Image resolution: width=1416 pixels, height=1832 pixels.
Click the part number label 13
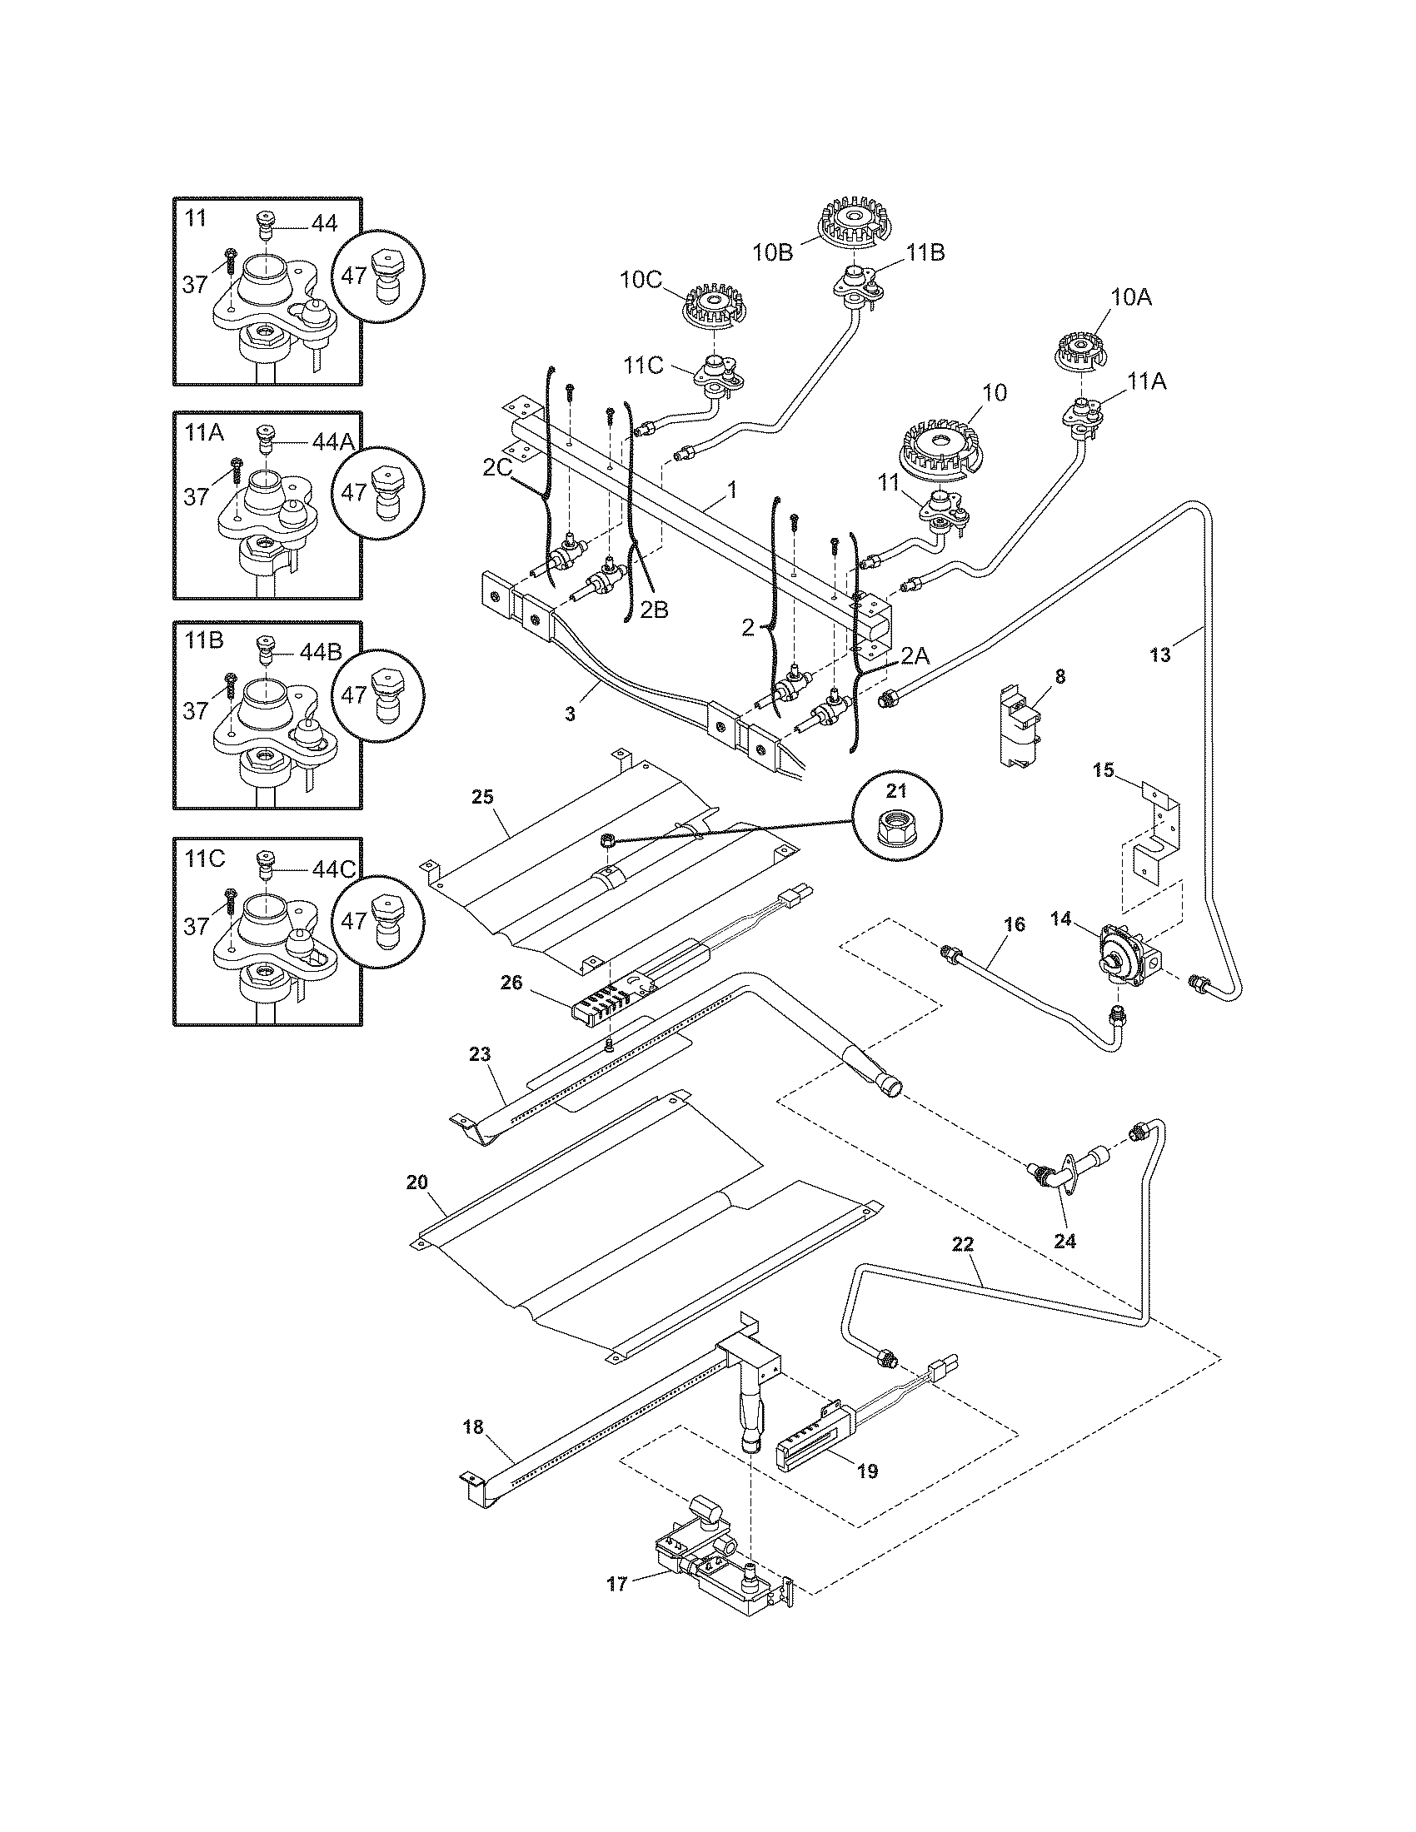coord(1159,655)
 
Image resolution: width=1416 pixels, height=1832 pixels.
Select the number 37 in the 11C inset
coord(196,925)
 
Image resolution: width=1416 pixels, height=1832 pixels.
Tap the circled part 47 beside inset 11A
coord(377,491)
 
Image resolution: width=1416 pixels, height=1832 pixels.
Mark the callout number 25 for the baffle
coord(481,797)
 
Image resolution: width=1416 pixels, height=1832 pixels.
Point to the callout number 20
coord(417,1182)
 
